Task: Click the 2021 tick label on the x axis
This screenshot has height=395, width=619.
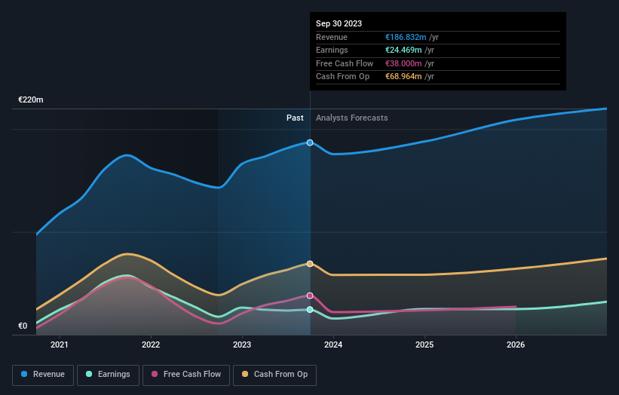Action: pyautogui.click(x=59, y=345)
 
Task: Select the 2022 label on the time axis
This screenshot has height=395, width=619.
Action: pyautogui.click(x=151, y=345)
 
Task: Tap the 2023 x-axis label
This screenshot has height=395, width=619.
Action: pyautogui.click(x=242, y=345)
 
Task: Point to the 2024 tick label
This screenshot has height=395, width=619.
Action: pyautogui.click(x=333, y=345)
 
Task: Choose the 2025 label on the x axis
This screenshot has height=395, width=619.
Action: pyautogui.click(x=424, y=345)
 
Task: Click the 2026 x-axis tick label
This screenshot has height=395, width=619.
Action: pyautogui.click(x=516, y=345)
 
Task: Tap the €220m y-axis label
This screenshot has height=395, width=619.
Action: pyautogui.click(x=31, y=100)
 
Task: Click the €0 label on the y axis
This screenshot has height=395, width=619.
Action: pyautogui.click(x=24, y=326)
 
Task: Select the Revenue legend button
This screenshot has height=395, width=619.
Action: pyautogui.click(x=43, y=374)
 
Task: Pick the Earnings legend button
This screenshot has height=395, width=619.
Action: pyautogui.click(x=107, y=374)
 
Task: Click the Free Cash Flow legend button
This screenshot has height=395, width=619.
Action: pyautogui.click(x=186, y=374)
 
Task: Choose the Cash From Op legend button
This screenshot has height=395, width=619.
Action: pyautogui.click(x=275, y=374)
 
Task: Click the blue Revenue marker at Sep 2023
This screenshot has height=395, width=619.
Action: pyautogui.click(x=310, y=142)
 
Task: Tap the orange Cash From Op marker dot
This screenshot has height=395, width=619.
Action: pyautogui.click(x=310, y=264)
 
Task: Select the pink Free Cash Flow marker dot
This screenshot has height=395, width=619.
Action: pyautogui.click(x=310, y=295)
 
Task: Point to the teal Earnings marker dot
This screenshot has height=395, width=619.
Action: pyautogui.click(x=310, y=310)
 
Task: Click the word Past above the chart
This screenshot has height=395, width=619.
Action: pyautogui.click(x=295, y=118)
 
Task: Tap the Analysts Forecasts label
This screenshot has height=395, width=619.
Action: pyautogui.click(x=352, y=118)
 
